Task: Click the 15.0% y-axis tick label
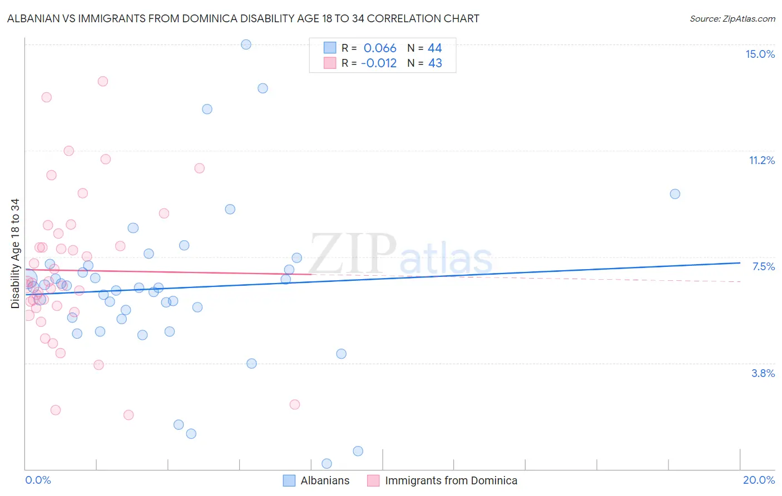pyautogui.click(x=760, y=54)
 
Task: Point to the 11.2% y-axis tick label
pyautogui.click(x=761, y=160)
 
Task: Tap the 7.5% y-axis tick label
pyautogui.click(x=763, y=266)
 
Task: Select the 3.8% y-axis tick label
pyautogui.click(x=763, y=373)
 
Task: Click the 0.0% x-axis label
pyautogui.click(x=38, y=480)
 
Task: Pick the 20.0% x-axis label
pyautogui.click(x=759, y=480)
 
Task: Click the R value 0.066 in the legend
pyautogui.click(x=380, y=48)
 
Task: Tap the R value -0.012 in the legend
pyautogui.click(x=379, y=63)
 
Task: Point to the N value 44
pyautogui.click(x=435, y=48)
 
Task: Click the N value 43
pyautogui.click(x=435, y=63)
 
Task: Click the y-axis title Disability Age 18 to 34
pyautogui.click(x=15, y=254)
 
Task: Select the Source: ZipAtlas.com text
pyautogui.click(x=732, y=18)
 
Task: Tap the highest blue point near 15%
pyautogui.click(x=246, y=44)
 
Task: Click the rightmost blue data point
pyautogui.click(x=675, y=194)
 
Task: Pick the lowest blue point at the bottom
pyautogui.click(x=326, y=464)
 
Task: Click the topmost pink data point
pyautogui.click(x=102, y=81)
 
